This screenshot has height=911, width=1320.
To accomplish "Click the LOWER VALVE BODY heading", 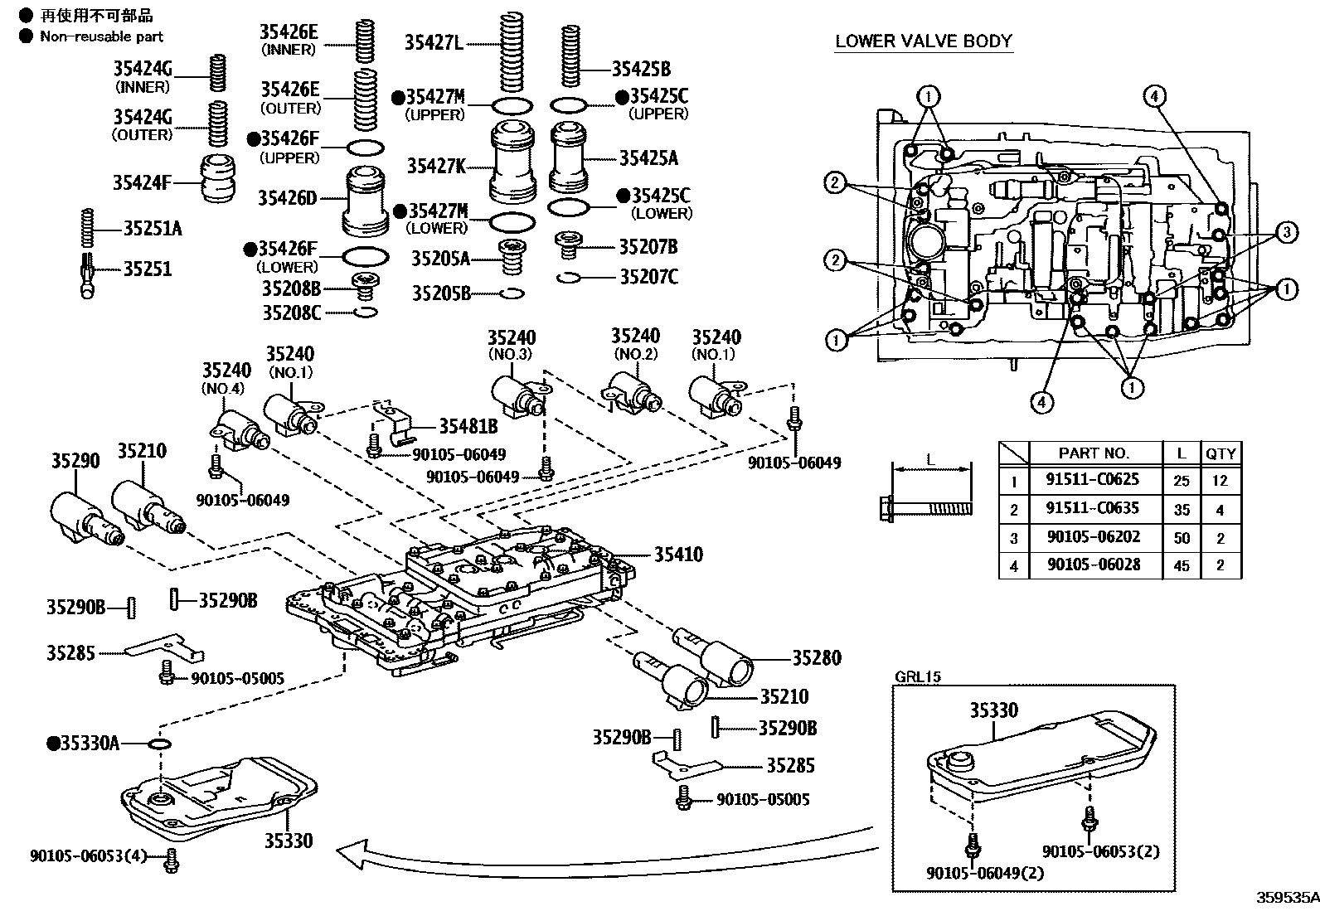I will pyautogui.click(x=923, y=41).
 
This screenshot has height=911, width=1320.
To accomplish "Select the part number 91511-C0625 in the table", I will pyautogui.click(x=1093, y=479).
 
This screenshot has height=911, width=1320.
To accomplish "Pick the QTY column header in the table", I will pyautogui.click(x=1220, y=453).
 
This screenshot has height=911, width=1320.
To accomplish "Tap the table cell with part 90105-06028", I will pyautogui.click(x=1093, y=565).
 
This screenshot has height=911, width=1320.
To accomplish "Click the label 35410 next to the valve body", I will pyautogui.click(x=677, y=555).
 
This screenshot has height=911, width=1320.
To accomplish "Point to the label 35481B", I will pyautogui.click(x=468, y=426).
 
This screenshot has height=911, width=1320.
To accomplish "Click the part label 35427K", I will pyautogui.click(x=436, y=166).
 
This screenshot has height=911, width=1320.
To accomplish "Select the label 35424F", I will pyautogui.click(x=142, y=182).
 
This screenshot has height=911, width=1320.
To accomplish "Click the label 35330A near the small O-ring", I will pyautogui.click(x=88, y=743).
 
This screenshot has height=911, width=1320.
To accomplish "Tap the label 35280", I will pyautogui.click(x=816, y=657).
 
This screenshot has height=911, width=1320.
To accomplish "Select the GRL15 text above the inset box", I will pyautogui.click(x=917, y=676).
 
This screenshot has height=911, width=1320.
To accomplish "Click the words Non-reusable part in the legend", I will pyautogui.click(x=101, y=36).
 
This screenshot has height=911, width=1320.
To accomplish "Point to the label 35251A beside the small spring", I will pyautogui.click(x=152, y=227).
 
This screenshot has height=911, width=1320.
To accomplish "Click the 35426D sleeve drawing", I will pyautogui.click(x=366, y=201).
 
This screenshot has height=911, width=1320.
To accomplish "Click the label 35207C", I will pyautogui.click(x=648, y=276).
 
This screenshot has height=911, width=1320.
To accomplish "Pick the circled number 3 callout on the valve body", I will pyautogui.click(x=1286, y=232).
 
